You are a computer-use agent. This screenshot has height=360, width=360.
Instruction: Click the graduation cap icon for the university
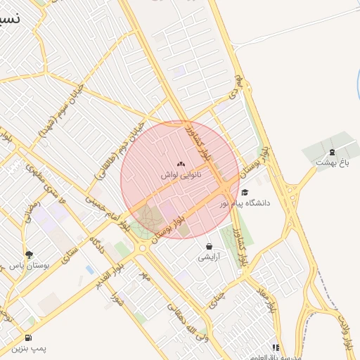245,192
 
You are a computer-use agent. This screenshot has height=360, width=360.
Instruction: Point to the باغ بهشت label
332,162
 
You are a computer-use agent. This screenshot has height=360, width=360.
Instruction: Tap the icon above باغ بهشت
332,152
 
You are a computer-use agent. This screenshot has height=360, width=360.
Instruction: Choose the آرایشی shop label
209,257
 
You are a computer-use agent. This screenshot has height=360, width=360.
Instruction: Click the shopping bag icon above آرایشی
209,247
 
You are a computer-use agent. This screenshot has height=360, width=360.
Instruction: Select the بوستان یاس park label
28,265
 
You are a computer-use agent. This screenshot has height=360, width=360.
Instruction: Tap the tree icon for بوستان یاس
28,255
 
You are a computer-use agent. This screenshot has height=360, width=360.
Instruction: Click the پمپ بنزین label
27,348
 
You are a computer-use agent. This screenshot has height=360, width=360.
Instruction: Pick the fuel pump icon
28,337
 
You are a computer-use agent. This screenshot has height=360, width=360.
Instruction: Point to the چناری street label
216,298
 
